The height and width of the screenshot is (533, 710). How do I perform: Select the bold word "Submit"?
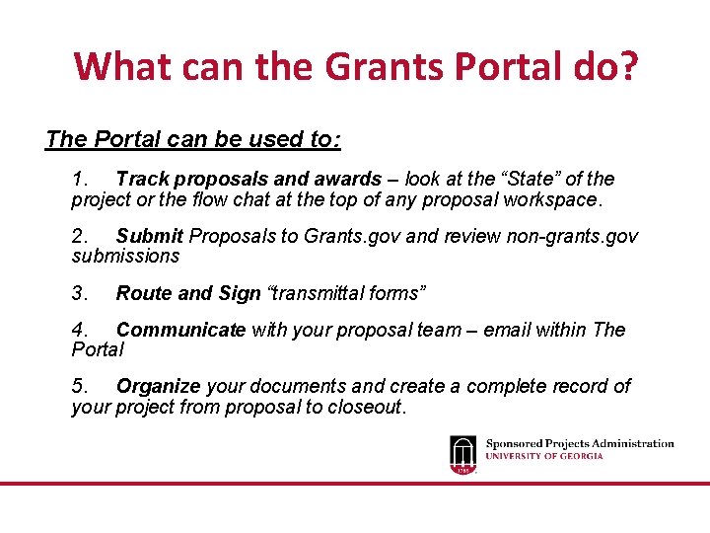[150, 236]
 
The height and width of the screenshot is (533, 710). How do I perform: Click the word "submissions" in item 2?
[125, 257]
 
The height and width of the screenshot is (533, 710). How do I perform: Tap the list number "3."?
[80, 293]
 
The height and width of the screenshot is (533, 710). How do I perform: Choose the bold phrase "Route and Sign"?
[187, 293]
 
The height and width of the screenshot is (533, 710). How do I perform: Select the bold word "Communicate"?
[180, 330]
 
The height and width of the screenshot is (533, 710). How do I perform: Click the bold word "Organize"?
[158, 386]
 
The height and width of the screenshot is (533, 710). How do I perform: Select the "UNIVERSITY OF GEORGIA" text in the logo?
[543, 456]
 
